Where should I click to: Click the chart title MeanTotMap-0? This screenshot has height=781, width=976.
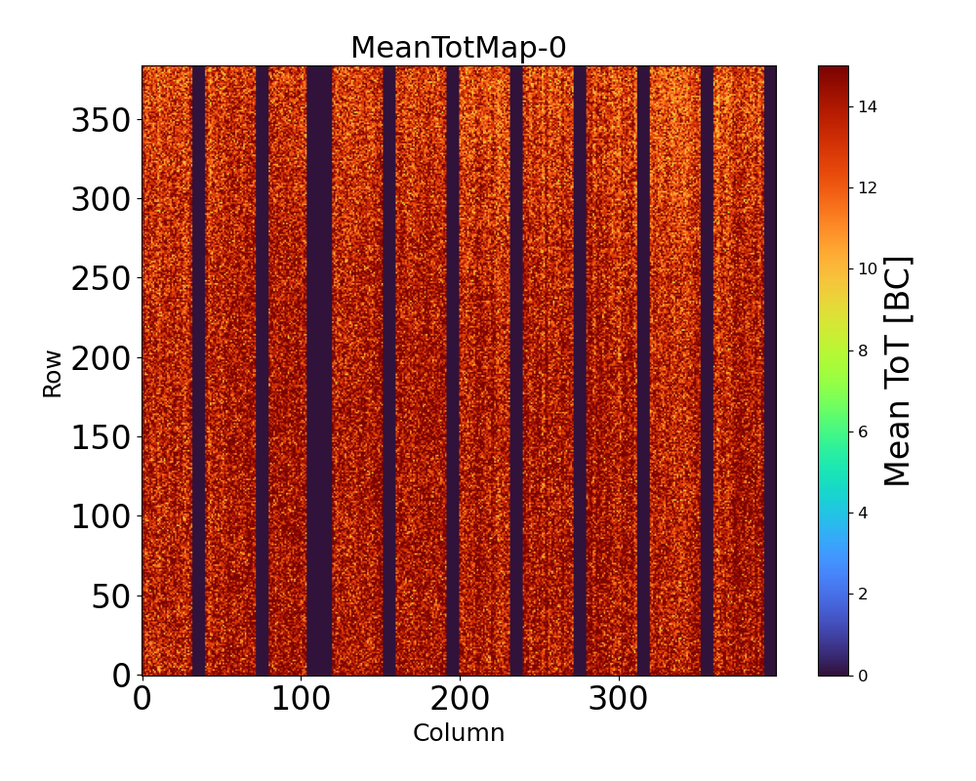[458, 48]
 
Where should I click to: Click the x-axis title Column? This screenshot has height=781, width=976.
[458, 733]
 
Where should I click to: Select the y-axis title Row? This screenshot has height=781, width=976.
[52, 374]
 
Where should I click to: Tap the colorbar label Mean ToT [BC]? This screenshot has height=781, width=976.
[898, 371]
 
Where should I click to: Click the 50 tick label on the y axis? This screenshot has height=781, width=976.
[112, 596]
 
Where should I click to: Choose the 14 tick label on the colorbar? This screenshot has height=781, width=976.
[867, 107]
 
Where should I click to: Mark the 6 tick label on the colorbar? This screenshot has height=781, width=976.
[863, 432]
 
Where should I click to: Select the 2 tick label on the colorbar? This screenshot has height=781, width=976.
[863, 594]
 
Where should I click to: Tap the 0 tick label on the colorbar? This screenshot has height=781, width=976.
[863, 675]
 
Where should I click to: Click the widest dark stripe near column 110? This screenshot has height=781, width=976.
[319, 371]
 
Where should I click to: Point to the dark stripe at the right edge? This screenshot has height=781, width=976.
[770, 371]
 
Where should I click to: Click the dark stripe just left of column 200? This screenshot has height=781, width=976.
[453, 371]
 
